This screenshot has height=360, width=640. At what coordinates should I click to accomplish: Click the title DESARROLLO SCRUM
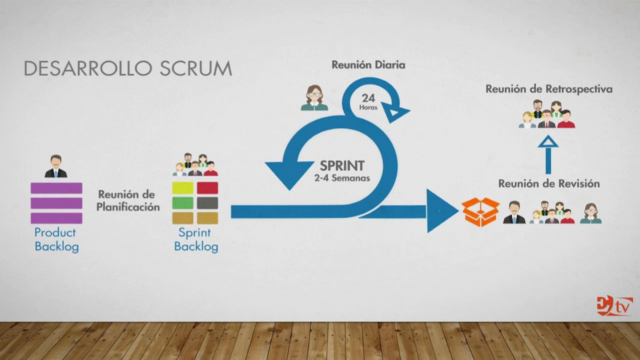[128, 69]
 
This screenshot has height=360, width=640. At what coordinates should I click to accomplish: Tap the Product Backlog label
[56, 239]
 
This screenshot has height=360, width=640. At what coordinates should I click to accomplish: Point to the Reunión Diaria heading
[368, 65]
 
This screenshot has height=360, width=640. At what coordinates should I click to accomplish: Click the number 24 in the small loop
[368, 98]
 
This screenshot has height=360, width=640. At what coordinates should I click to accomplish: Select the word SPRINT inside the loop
[342, 165]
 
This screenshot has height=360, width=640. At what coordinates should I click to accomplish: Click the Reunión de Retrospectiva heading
[549, 89]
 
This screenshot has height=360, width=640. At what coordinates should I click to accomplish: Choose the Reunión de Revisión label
[548, 183]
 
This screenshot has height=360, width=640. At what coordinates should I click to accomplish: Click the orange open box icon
[480, 212]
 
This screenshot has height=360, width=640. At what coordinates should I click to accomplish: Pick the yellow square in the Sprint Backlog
[182, 188]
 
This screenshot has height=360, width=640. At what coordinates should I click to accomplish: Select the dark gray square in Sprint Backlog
[207, 203]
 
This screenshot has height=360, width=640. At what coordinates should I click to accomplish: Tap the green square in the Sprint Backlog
[182, 203]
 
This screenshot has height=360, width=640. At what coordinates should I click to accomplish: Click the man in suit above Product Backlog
[56, 166]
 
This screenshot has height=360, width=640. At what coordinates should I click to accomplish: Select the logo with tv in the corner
[614, 306]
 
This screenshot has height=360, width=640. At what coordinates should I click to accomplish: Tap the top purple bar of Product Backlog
[56, 188]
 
